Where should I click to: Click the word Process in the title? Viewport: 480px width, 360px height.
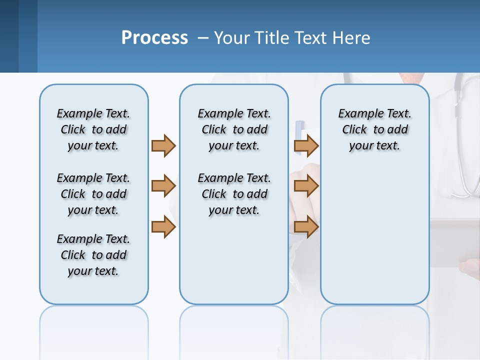[x=154, y=38]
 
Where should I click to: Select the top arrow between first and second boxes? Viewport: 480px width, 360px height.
[x=163, y=145]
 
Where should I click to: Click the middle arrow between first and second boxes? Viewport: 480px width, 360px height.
[x=163, y=186]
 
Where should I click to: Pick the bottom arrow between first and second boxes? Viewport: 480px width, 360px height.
[x=163, y=227]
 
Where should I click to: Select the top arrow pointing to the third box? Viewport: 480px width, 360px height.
[x=306, y=145]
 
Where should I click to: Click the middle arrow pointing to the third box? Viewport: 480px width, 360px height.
[x=306, y=186]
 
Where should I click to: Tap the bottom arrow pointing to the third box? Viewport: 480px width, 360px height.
[x=306, y=227]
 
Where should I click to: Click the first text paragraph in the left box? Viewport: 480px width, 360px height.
[x=93, y=129]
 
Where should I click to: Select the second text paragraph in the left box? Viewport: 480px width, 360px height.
[x=93, y=194]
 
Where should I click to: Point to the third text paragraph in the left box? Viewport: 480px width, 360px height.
[x=93, y=255]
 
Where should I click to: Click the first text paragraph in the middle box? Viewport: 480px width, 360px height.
[x=234, y=129]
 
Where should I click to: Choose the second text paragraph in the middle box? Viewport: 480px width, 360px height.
[x=234, y=194]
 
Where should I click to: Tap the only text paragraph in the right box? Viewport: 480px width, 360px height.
[x=374, y=129]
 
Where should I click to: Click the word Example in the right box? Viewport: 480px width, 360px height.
[x=356, y=114]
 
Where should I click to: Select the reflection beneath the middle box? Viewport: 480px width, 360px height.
[x=234, y=325]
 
